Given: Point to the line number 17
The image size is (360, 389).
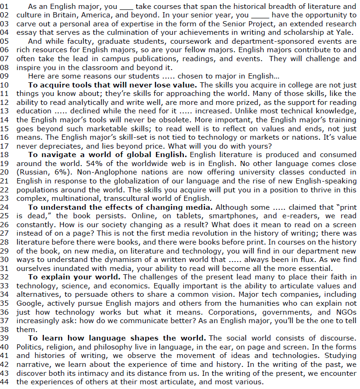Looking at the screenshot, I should [x=5, y=145].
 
